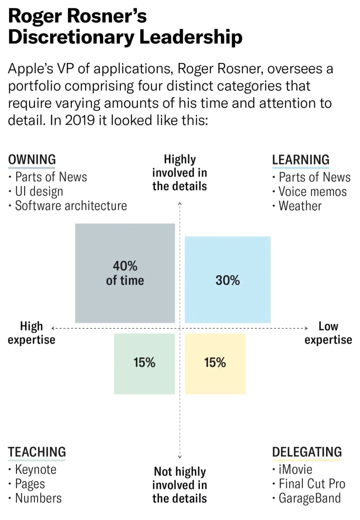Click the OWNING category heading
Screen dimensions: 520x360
coord(32,159)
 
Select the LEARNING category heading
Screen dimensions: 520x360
coord(301,159)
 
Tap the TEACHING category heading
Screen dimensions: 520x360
coord(37,452)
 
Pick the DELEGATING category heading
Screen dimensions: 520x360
coord(307,452)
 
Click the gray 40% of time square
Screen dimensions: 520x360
coord(125,273)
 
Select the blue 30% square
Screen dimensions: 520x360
coord(228,280)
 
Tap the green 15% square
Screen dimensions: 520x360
coord(144,364)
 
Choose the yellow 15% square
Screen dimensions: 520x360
coord(215,364)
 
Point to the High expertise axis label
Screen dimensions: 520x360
coord(31,333)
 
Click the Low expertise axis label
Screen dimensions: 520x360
coord(328,333)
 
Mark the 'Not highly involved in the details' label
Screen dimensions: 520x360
coord(180,485)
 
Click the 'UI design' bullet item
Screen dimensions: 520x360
coord(39,191)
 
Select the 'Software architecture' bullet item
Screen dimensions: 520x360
coord(71,206)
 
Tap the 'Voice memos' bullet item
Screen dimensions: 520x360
coord(312,192)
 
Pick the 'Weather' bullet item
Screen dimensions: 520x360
coord(300,206)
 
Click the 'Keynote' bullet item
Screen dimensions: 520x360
coord(36,470)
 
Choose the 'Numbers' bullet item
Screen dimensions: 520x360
coord(38,498)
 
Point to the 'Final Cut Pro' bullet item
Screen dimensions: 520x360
coord(312,484)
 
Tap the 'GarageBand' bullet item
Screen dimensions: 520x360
coord(310,498)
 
